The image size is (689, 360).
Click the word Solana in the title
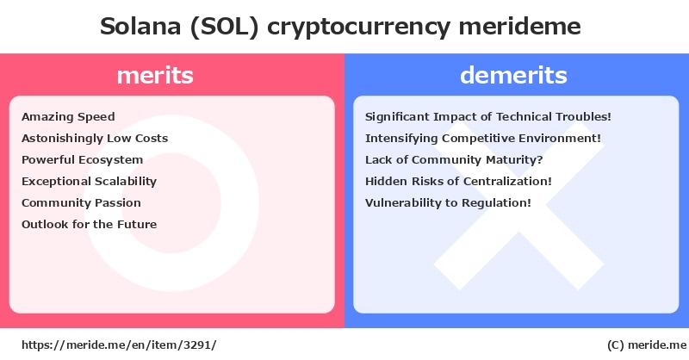tap(140, 27)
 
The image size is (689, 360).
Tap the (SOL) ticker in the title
tap(225, 27)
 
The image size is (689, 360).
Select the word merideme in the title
tap(520, 27)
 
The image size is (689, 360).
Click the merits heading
tap(155, 75)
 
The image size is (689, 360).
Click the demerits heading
tap(513, 75)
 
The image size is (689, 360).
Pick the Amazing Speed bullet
tap(68, 117)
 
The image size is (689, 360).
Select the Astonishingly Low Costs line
tap(95, 139)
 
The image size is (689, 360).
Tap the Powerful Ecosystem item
tap(82, 160)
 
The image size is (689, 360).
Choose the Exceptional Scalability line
tap(90, 182)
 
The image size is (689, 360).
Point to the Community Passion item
tap(81, 203)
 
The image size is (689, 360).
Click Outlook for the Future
tap(90, 224)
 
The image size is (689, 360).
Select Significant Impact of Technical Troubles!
tap(488, 117)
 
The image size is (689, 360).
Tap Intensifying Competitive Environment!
tap(483, 139)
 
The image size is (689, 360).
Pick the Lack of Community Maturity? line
tap(454, 160)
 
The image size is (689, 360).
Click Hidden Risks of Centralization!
tap(458, 182)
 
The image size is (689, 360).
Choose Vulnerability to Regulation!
tap(448, 203)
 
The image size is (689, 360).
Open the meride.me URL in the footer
tap(119, 345)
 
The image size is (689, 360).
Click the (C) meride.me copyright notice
tap(647, 345)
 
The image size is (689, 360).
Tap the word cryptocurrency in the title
tap(358, 28)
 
